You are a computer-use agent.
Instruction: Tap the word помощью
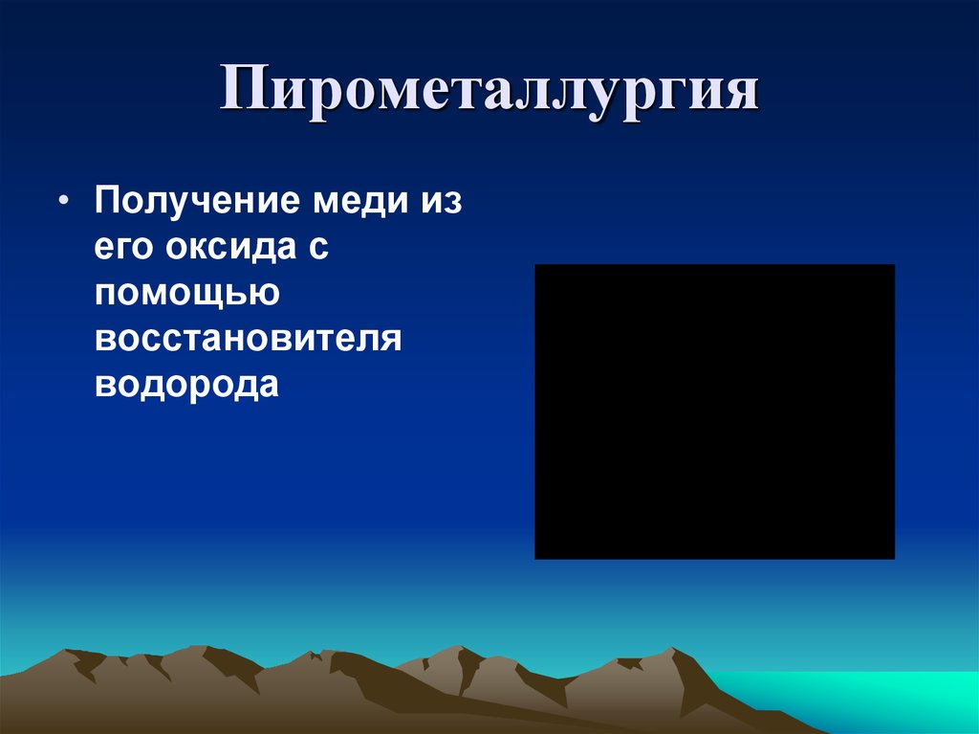(x=186, y=295)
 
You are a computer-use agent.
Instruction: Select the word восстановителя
(x=247, y=340)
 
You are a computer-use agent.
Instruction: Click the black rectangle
(x=714, y=411)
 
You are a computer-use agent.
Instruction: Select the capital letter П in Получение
(x=106, y=203)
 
